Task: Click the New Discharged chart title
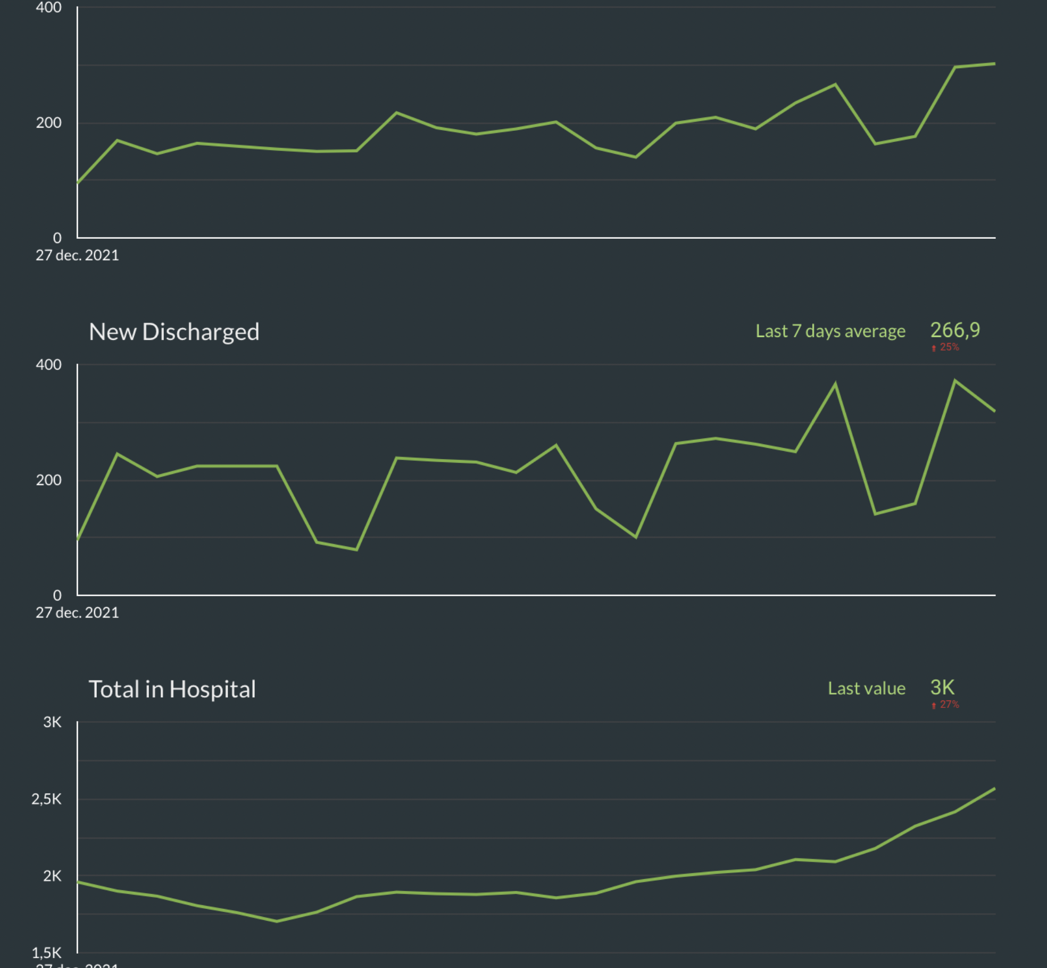pos(174,332)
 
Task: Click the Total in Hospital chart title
pos(172,689)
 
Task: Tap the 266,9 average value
pos(955,330)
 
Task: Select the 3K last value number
pos(942,688)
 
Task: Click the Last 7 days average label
pos(830,331)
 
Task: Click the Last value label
pos(866,689)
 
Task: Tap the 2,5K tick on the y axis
pos(46,799)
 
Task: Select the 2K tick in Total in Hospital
pos(52,876)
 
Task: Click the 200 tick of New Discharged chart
pos(48,480)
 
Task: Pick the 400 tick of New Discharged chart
pos(48,365)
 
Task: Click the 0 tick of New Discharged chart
pos(57,595)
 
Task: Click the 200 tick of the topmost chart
pos(48,123)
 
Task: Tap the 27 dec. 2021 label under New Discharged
pos(77,613)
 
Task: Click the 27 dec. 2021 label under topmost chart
pos(77,255)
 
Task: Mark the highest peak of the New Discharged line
pos(955,380)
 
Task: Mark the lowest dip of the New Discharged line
pos(356,549)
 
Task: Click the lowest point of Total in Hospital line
pos(277,921)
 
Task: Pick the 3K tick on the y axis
pos(52,722)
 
